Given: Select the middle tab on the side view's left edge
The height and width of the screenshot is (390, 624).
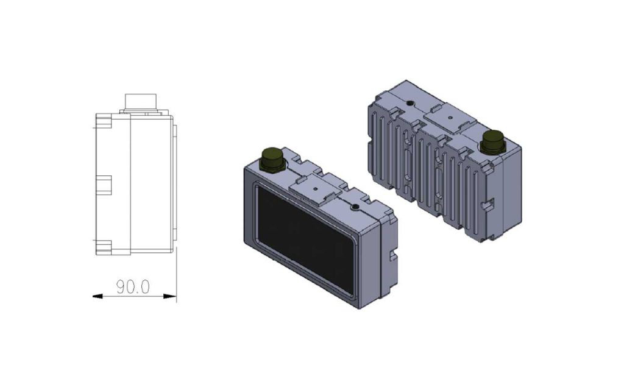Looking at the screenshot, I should (x=104, y=185).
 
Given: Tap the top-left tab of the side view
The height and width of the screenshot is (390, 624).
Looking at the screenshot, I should (x=103, y=121).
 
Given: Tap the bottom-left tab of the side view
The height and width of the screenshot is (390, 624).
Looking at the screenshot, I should (x=103, y=247).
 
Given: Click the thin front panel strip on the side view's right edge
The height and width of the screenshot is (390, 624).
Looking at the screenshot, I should (x=174, y=183).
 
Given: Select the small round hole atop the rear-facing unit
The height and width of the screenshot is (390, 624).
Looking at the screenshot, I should (x=410, y=101).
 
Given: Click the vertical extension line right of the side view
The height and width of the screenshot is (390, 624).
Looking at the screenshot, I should (x=176, y=268).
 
